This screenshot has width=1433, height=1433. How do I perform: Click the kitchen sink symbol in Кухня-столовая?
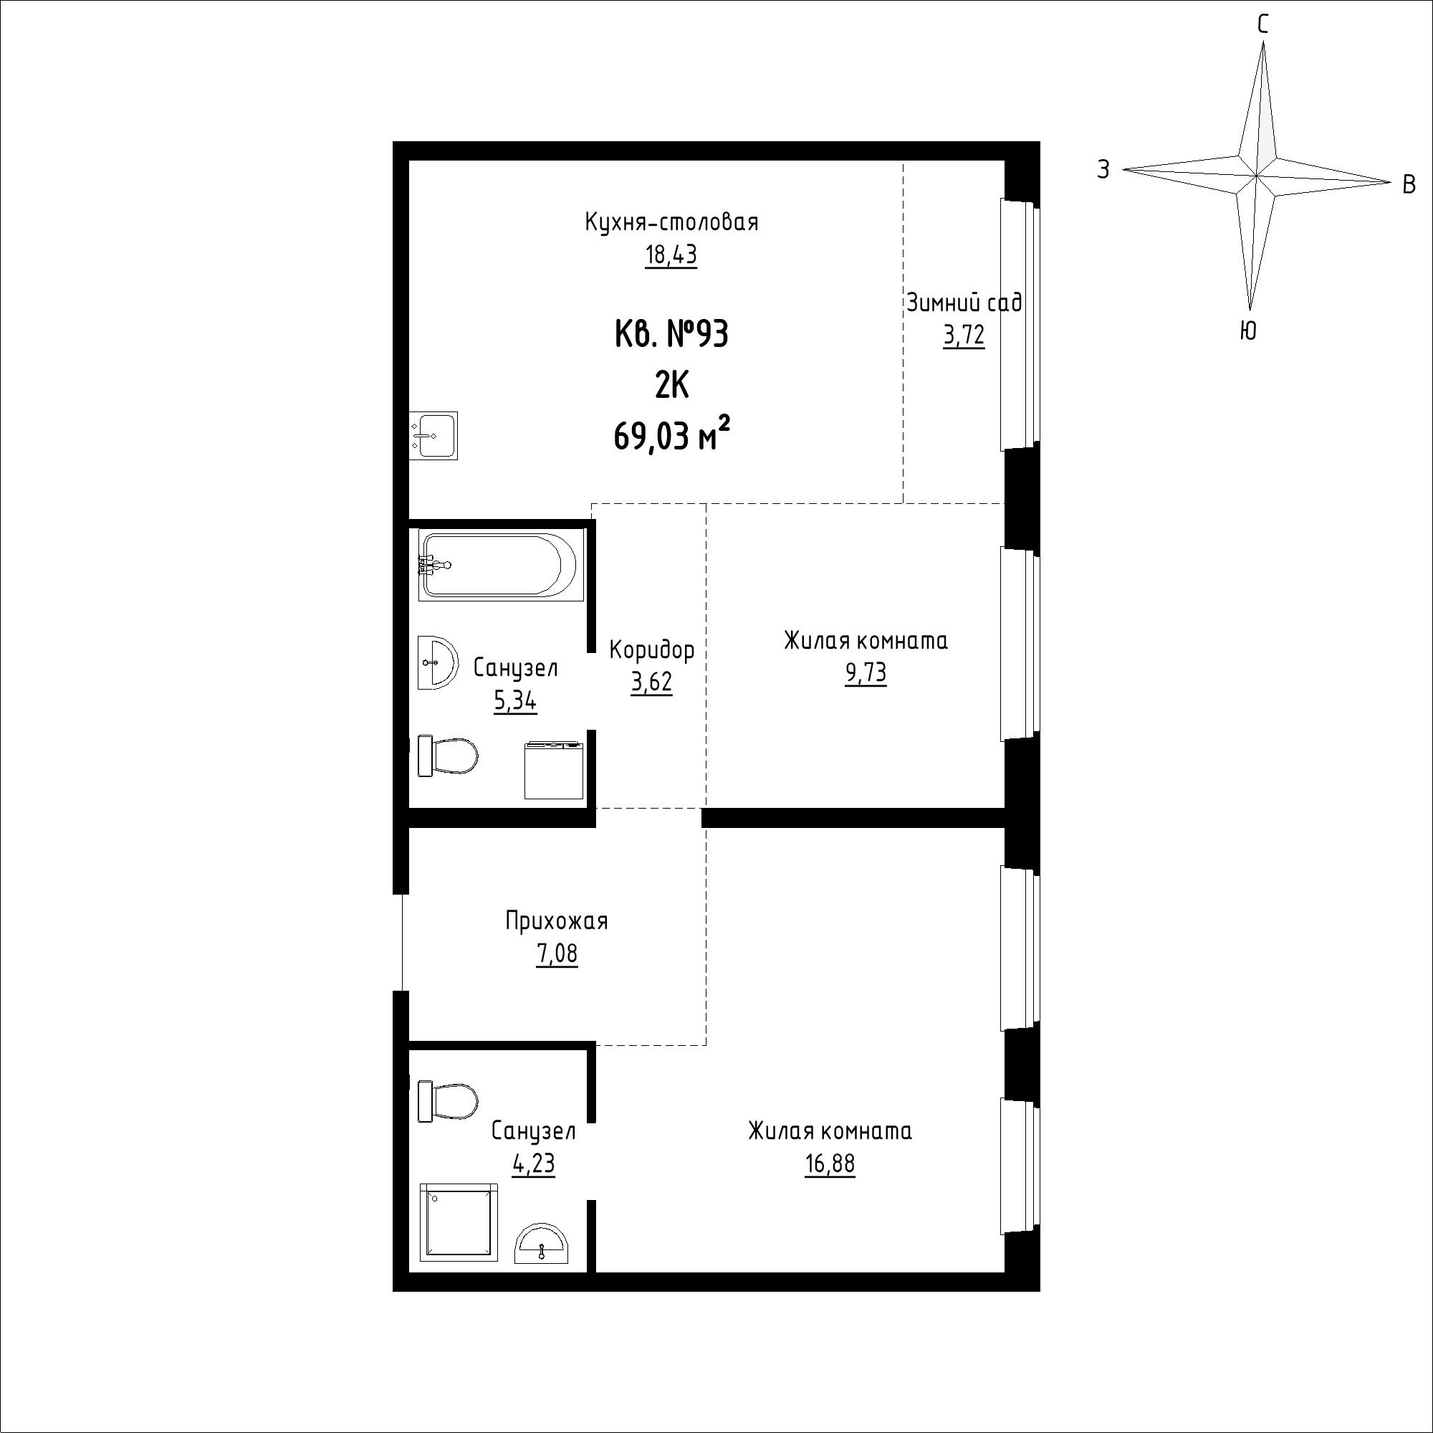coord(434,435)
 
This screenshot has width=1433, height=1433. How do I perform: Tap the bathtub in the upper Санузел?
coord(498,565)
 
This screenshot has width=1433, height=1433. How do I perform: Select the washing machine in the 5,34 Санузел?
coord(554,771)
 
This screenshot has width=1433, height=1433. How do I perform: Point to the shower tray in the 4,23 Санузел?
coord(459,1222)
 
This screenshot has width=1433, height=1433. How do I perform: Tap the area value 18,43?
coord(671,255)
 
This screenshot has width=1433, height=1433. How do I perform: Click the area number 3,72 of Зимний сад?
coord(964,335)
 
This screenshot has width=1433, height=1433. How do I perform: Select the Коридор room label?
coord(651,650)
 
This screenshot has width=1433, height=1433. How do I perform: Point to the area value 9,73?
coord(866,672)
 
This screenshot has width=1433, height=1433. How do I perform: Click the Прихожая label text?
coord(556,922)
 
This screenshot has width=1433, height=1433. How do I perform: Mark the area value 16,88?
coord(830,1163)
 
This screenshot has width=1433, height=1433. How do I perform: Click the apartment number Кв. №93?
coord(671,335)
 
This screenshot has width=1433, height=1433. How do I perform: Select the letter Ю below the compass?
coord(1248,331)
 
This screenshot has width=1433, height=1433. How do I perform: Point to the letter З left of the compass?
coord(1103,170)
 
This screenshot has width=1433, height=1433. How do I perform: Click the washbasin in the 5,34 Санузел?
coord(436,662)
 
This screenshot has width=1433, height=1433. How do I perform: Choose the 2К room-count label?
coord(671,386)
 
